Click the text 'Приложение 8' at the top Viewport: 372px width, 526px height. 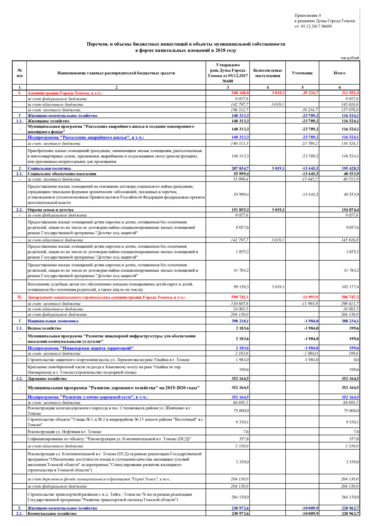tap(307, 16)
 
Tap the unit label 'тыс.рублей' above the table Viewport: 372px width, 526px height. tap(349, 58)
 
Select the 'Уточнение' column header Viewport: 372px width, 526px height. tap(302, 73)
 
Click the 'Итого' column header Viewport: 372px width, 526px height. tap(339, 73)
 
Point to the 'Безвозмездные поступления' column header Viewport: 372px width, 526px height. tap(268, 73)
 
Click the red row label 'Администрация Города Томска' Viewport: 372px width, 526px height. tap(65, 93)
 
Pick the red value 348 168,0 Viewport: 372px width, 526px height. tap(240, 93)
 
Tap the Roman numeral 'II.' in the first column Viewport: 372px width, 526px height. tap(19, 297)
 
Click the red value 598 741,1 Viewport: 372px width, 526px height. tap(240, 297)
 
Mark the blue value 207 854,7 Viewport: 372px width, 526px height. tap(240, 169)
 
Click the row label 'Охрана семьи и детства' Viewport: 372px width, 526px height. tap(50, 210)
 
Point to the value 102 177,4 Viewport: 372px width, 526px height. tap(350, 287)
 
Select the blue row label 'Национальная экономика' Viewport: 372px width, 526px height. tap(53, 321)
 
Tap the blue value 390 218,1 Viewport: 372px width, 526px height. tap(240, 321)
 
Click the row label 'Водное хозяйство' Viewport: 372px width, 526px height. tap(44, 328)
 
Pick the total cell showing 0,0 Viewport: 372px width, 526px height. tap(356, 360)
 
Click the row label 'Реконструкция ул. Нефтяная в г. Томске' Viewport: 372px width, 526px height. tap(64, 432)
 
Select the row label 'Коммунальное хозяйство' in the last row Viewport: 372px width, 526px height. tap(52, 514)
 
